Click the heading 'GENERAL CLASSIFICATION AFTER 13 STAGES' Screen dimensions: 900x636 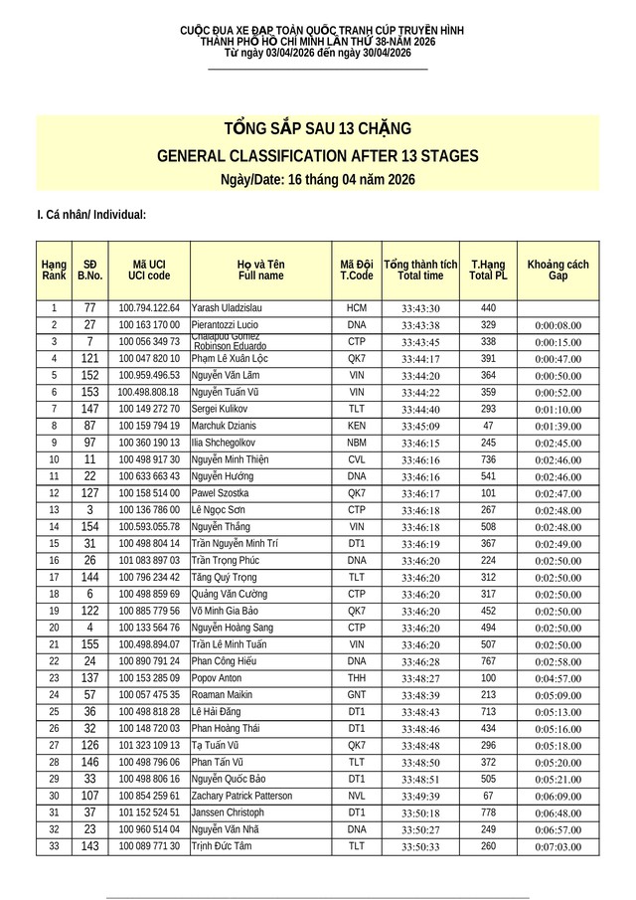click(x=318, y=156)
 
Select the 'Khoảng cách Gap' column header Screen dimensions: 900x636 click(x=557, y=269)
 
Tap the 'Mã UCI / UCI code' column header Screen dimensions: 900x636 click(x=149, y=269)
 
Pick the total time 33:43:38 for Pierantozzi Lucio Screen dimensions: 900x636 click(x=420, y=325)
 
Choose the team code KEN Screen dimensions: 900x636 click(x=357, y=426)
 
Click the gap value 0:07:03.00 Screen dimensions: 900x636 click(x=557, y=846)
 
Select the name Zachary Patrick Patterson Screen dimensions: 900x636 click(x=241, y=796)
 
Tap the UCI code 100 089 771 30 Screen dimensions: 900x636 click(x=149, y=846)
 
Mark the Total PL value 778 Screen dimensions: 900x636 click(x=488, y=812)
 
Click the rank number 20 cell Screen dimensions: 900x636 click(x=54, y=628)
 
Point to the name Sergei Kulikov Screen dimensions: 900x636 click(x=222, y=409)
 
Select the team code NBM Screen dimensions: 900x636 click(x=357, y=443)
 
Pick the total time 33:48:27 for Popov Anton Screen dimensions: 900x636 click(x=420, y=678)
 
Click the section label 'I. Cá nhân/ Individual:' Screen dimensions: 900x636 click(x=91, y=214)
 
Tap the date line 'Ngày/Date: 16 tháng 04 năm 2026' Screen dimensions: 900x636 click(x=318, y=179)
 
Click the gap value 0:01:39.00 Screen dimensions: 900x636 click(x=557, y=426)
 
